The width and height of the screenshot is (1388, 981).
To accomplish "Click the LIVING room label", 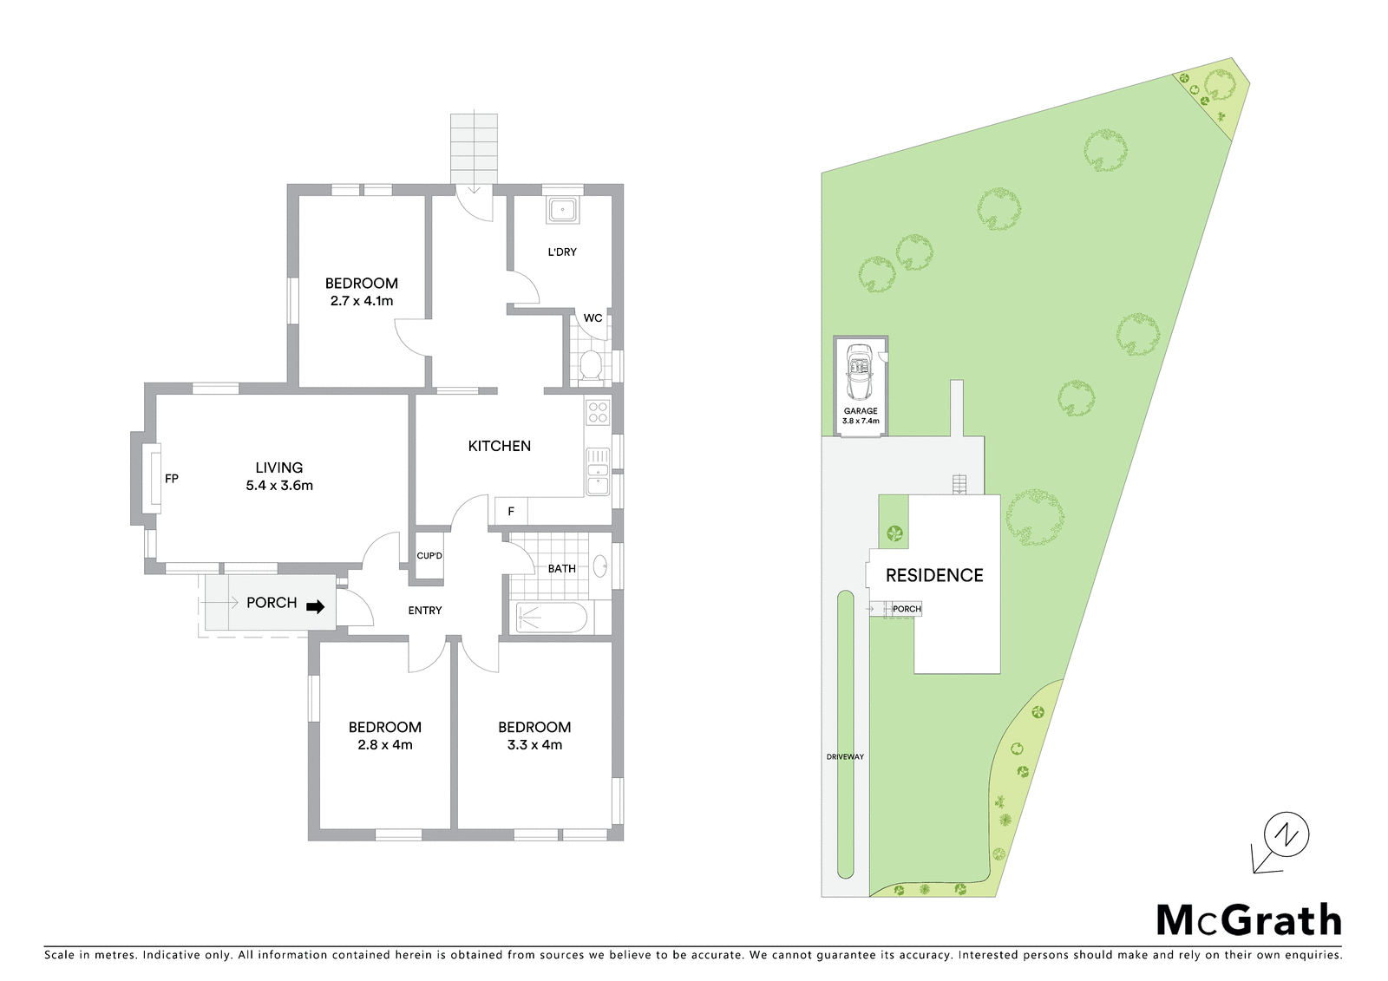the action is (279, 468).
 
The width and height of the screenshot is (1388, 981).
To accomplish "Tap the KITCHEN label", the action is (500, 446).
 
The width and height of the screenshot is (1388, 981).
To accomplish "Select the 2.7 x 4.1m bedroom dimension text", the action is (362, 301).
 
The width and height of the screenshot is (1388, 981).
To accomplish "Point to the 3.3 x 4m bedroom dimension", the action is (534, 745).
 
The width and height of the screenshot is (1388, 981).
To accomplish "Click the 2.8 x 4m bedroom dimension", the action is (385, 745).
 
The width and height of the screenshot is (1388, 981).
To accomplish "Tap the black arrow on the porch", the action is (316, 607).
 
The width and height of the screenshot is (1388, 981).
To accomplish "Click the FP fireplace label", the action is (172, 479).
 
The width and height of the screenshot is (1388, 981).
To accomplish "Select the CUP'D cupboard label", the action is (429, 556).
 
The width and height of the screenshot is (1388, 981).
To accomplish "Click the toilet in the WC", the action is (591, 365).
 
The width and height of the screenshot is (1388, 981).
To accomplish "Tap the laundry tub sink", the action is (562, 209).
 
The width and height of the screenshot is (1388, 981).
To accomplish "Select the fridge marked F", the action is (511, 511).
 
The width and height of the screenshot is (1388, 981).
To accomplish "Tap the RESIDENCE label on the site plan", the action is (934, 576).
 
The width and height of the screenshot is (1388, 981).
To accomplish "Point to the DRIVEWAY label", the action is (845, 756).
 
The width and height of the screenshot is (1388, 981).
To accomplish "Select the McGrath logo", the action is (1249, 921).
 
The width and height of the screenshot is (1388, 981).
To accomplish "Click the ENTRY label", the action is (425, 611).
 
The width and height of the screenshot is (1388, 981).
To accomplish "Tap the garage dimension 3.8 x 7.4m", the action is (861, 421).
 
